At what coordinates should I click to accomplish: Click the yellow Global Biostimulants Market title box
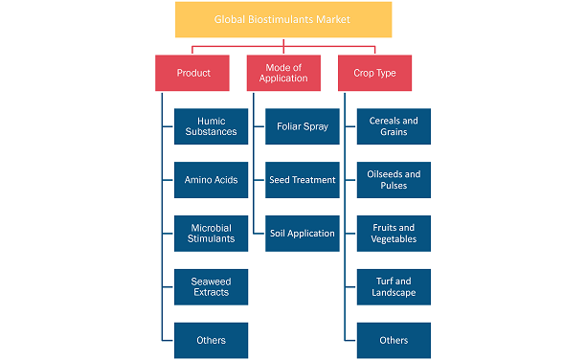click(x=283, y=19)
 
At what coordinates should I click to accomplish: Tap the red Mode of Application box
click(x=283, y=73)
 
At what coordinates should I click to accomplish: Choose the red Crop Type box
click(x=375, y=73)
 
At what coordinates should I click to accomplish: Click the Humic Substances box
click(x=211, y=126)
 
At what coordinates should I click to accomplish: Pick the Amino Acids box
click(x=211, y=179)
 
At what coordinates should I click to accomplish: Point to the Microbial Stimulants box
click(x=211, y=233)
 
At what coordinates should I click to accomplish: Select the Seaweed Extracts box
click(x=211, y=286)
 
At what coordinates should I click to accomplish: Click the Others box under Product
click(x=211, y=340)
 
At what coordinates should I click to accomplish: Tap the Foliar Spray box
click(x=303, y=126)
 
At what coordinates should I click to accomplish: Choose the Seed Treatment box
click(x=303, y=179)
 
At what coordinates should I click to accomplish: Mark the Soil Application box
click(x=303, y=233)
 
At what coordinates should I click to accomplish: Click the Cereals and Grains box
click(x=394, y=126)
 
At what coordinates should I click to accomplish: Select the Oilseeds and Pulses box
click(x=394, y=179)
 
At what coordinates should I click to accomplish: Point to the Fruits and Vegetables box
click(x=394, y=233)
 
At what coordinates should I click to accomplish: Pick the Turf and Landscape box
click(x=394, y=286)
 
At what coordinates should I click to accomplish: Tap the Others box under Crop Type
click(x=394, y=340)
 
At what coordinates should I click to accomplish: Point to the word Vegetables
click(x=394, y=239)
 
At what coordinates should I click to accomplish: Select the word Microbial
click(x=211, y=227)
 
